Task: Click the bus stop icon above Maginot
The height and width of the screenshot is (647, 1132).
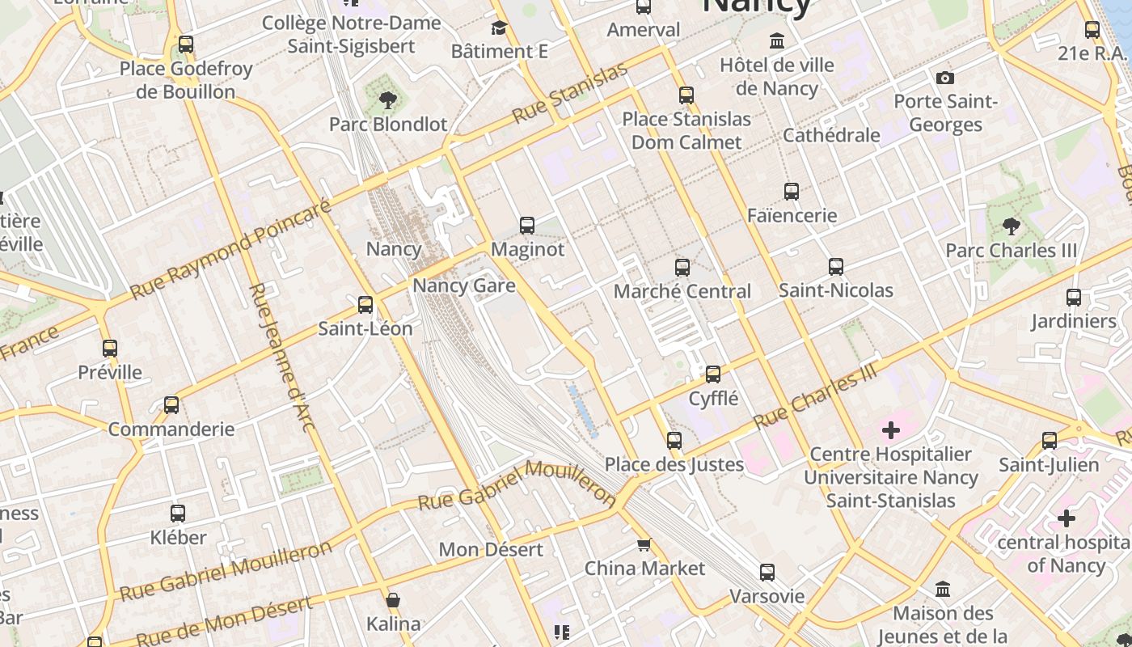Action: tap(527, 226)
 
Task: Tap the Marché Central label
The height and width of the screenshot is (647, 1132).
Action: tap(682, 291)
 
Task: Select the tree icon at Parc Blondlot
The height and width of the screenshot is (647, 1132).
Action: tap(387, 100)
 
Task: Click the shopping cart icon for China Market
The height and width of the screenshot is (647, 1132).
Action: tap(644, 544)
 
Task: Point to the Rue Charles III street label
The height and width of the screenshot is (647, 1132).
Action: tap(815, 396)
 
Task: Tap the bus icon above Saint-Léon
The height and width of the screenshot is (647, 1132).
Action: tap(365, 305)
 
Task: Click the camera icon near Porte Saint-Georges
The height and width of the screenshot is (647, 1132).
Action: tap(944, 78)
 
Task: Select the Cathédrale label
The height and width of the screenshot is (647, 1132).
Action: tap(831, 135)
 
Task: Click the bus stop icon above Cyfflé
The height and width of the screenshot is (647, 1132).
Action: tap(712, 374)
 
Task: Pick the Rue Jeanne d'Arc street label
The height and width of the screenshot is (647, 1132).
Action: tap(281, 357)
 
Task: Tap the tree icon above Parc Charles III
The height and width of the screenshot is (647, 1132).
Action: tap(1011, 226)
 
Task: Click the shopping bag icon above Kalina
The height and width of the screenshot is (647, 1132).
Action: tap(393, 600)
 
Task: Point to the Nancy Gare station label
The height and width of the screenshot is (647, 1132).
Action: tap(464, 285)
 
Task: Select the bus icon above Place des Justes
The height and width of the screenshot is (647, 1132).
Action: tap(674, 441)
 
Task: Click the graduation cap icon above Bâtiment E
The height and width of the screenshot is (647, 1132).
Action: tap(499, 28)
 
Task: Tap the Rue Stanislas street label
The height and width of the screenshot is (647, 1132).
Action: tap(570, 94)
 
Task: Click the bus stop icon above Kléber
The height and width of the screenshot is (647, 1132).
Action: tap(178, 514)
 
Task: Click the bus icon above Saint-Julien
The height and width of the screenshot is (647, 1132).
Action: tap(1050, 441)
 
